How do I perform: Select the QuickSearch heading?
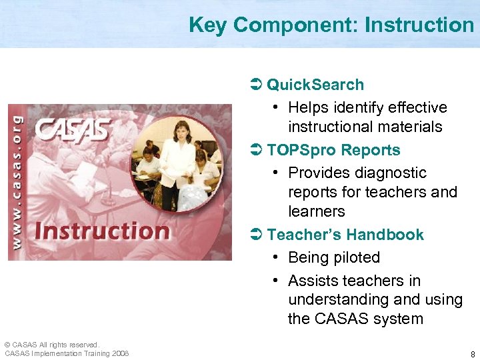[x=315, y=85]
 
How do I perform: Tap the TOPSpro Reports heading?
[x=333, y=150]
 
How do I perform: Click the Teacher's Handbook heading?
[x=345, y=235]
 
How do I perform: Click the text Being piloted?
[x=334, y=257]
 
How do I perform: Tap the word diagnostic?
[x=391, y=173]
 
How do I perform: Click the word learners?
[x=317, y=211]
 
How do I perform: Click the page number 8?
[x=472, y=354]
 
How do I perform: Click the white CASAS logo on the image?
[x=72, y=130]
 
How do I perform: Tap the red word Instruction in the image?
[x=102, y=231]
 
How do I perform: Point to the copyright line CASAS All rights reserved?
[x=51, y=345]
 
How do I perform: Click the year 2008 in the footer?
[x=121, y=353]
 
